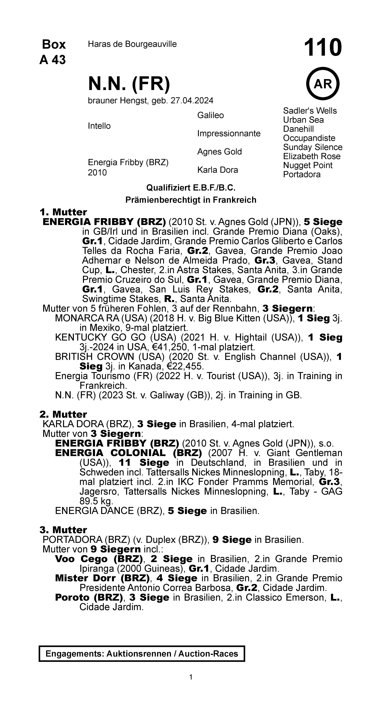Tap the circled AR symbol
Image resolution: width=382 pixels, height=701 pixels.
tap(323, 84)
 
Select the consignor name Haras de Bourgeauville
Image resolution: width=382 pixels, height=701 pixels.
tap(132, 44)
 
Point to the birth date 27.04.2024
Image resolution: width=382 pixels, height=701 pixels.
tap(192, 101)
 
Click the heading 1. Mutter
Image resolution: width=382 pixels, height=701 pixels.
tap(63, 212)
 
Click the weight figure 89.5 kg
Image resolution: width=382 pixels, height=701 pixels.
tap(96, 501)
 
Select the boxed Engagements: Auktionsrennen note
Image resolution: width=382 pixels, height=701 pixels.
tap(142, 654)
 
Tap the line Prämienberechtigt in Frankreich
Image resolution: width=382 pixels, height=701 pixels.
tap(191, 200)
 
